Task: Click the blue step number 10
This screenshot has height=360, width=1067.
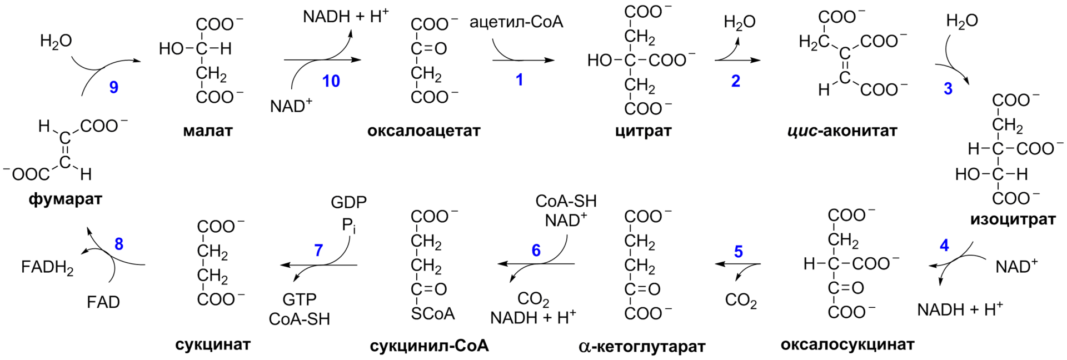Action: point(331,82)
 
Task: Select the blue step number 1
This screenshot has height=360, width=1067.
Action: point(520,81)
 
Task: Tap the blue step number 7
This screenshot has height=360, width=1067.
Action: point(318,251)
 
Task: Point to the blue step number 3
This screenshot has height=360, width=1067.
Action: point(948,89)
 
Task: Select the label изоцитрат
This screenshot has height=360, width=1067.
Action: point(1013,219)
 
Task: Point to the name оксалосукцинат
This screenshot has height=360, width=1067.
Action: point(847,345)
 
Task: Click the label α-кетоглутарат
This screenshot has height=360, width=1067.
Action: point(642,347)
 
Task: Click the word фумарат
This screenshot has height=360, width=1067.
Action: point(66,199)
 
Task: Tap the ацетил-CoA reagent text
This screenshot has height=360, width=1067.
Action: point(516,23)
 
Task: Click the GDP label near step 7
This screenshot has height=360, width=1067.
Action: point(348,202)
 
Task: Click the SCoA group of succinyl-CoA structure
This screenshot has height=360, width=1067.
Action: point(433,314)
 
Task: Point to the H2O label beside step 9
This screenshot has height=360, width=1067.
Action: point(56,42)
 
